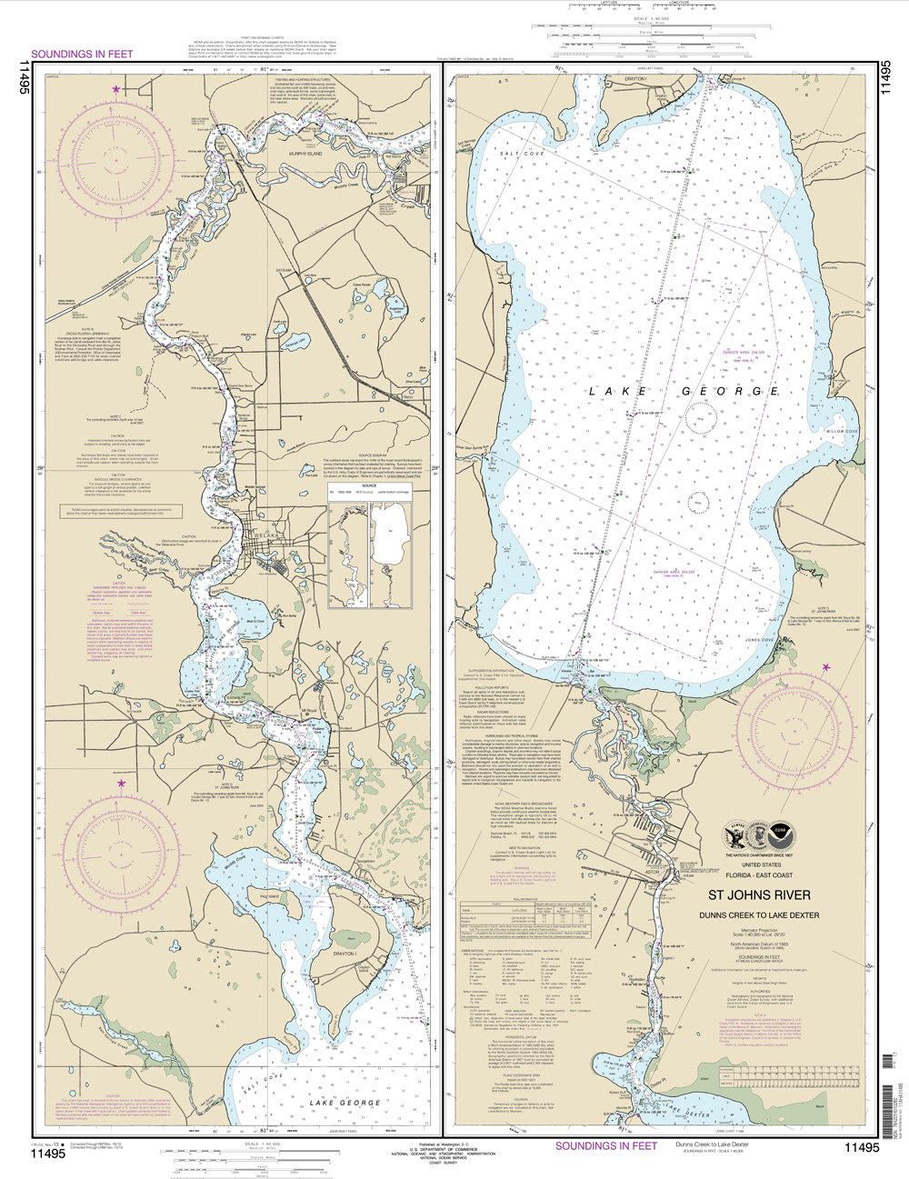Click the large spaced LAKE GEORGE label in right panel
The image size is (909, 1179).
(x=684, y=391)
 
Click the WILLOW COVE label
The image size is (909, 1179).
(x=841, y=431)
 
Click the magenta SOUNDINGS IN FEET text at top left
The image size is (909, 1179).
(x=82, y=54)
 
